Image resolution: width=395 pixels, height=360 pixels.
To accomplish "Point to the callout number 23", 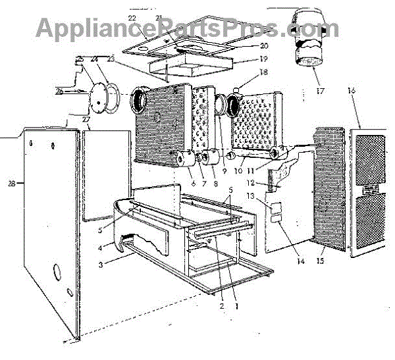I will tap(109, 59).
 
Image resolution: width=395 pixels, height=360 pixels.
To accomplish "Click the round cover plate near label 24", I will tap(99, 97).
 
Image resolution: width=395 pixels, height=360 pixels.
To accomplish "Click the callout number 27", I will tap(86, 119).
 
